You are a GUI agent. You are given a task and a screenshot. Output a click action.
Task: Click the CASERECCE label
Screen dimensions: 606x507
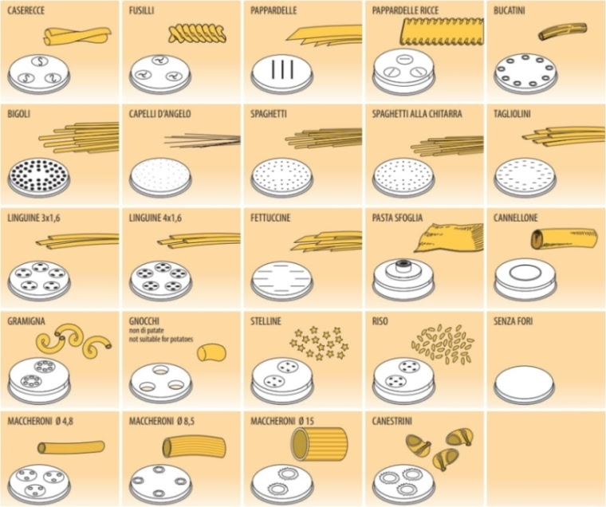pos(26,10)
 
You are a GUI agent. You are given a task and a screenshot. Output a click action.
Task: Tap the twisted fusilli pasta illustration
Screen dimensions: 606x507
pos(197,33)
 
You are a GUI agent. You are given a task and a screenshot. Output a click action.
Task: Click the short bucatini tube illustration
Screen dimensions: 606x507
pos(562,31)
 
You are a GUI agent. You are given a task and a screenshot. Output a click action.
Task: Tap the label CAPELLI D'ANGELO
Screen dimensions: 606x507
pos(160,114)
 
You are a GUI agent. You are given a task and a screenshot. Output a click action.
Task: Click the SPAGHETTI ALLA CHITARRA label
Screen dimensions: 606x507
pos(417,114)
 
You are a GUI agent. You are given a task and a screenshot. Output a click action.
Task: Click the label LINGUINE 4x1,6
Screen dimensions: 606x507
pos(155,218)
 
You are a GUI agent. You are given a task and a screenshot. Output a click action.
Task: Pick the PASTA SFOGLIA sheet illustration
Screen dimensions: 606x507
pos(450,239)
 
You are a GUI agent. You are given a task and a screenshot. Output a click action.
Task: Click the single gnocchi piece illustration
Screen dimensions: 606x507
pos(211,352)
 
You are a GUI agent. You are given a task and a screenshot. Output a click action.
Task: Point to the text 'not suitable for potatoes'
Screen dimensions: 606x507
pos(161,340)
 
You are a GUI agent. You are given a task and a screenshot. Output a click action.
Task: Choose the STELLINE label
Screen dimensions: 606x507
pos(266,321)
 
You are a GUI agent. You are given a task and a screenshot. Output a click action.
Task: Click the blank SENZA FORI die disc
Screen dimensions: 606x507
pos(525,383)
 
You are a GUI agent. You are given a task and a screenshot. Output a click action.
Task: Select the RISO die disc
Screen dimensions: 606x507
pos(403,380)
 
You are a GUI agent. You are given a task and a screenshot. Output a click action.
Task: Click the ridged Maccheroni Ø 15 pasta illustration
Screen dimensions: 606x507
pos(319,443)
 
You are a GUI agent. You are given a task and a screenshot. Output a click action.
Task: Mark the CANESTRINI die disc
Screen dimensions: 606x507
pos(404,483)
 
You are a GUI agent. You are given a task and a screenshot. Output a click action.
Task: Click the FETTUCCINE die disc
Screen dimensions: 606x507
pos(282,280)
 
